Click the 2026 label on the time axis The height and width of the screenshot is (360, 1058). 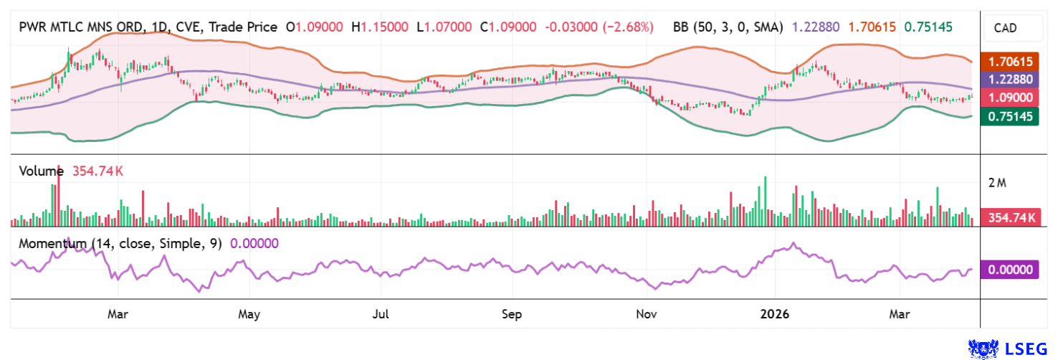(774, 314)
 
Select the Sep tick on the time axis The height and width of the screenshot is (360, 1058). (512, 314)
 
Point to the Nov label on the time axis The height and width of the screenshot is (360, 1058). (647, 314)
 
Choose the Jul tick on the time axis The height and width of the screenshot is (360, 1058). (381, 314)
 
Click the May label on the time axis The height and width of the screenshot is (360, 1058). (249, 314)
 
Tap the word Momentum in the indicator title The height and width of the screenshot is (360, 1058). (49, 243)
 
